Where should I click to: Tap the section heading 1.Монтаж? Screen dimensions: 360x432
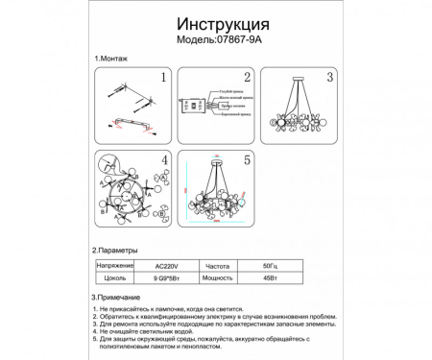(111, 60)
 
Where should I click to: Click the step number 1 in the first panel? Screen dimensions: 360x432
(163, 78)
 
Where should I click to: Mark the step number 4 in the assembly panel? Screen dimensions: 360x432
(164, 159)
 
